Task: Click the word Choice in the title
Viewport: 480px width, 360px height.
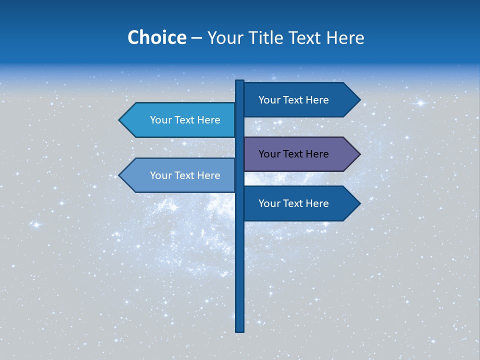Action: tap(156, 37)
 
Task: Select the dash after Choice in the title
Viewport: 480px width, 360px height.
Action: tap(196, 38)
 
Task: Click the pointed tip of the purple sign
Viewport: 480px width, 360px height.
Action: tap(359, 154)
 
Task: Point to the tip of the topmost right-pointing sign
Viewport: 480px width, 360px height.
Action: tap(359, 99)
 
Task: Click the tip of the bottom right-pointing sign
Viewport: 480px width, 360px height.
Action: tap(359, 203)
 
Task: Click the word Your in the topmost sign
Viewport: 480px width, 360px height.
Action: tap(269, 100)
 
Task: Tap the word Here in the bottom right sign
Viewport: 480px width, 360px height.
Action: tap(317, 203)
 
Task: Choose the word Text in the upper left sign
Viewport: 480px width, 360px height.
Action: tap(185, 120)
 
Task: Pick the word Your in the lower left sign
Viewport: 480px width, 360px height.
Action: tap(161, 175)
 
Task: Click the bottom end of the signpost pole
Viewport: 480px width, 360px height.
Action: tap(240, 330)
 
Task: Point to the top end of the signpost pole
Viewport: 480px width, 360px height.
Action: tap(240, 81)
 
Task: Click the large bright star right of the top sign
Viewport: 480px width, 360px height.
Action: tap(420, 103)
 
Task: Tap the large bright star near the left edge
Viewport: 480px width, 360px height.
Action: tap(36, 224)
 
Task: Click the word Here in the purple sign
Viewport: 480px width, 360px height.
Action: tap(317, 154)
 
